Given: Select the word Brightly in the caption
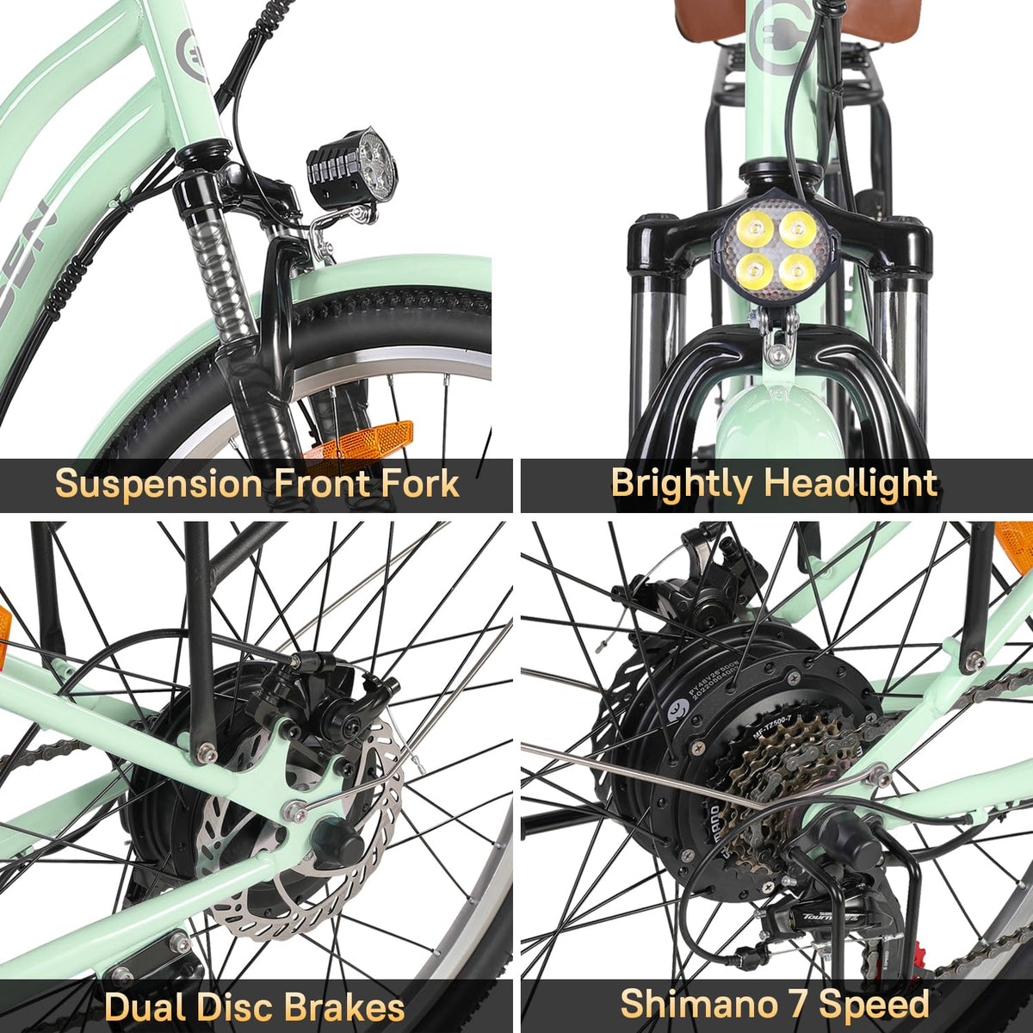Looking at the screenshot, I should click(680, 485).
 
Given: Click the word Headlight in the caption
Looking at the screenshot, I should click(850, 485).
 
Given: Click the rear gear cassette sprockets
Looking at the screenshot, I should click(779, 775).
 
